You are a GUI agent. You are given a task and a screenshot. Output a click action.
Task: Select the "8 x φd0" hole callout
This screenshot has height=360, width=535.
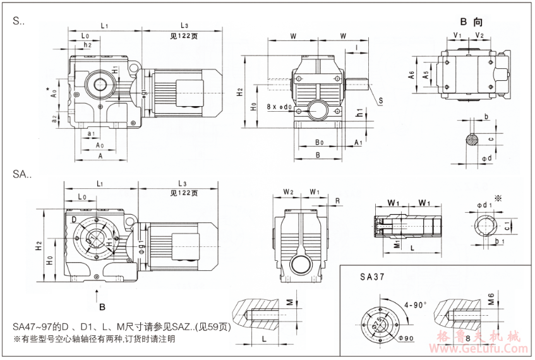280,107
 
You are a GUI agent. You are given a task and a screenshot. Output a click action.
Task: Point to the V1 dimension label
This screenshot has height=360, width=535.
458,35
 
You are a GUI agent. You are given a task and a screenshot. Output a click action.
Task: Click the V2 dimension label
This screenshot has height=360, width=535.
479,35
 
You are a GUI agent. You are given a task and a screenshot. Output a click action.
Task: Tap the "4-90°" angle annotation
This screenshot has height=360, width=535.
416,304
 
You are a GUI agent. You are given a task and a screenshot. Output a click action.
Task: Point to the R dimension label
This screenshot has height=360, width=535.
339,201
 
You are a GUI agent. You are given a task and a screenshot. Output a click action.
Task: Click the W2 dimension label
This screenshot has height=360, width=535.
288,191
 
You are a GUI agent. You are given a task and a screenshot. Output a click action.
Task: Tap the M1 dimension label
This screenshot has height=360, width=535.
398,243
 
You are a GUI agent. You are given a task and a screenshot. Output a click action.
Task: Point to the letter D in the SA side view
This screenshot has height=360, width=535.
75,219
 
